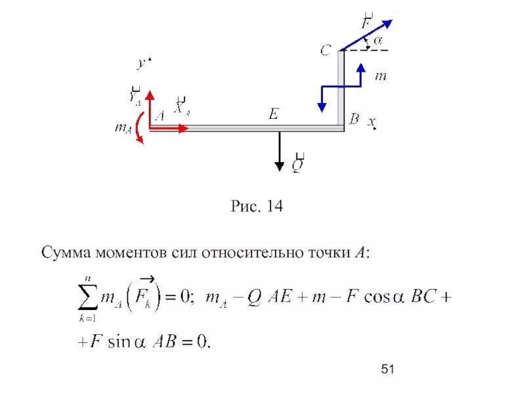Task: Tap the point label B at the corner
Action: [354, 119]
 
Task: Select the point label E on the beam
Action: [273, 114]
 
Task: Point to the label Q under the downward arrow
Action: [297, 165]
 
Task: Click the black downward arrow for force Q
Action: [280, 151]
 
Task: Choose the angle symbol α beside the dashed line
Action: [377, 41]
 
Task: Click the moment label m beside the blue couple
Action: [381, 77]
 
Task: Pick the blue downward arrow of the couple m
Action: [322, 98]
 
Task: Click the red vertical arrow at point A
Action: [150, 108]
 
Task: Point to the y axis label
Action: [140, 64]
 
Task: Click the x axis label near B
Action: [371, 122]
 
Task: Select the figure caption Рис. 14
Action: [257, 207]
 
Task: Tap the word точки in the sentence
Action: [326, 253]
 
